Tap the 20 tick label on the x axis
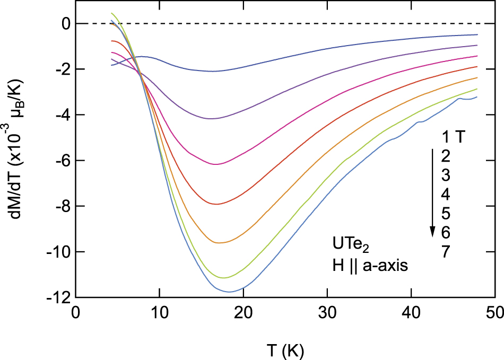click(x=244, y=313)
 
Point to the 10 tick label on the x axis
click(x=160, y=313)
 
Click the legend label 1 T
click(x=454, y=138)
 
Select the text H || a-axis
click(x=367, y=267)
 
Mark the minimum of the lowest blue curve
click(x=229, y=292)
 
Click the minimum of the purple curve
click(x=211, y=119)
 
